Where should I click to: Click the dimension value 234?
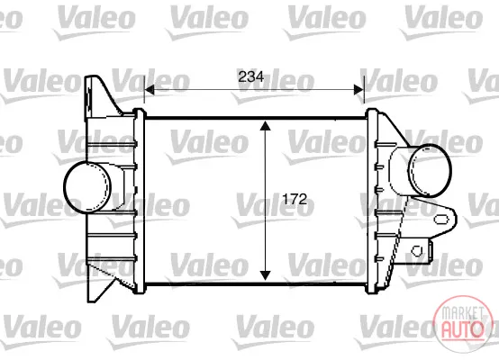(x=251, y=77)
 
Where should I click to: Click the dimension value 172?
(x=295, y=200)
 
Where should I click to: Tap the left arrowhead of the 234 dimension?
(x=150, y=90)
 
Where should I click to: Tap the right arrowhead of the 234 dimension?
(x=358, y=90)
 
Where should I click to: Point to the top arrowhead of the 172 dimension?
(x=265, y=126)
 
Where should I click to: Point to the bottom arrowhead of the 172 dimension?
(x=265, y=275)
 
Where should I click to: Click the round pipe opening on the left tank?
(x=87, y=186)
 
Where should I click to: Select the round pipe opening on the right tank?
(x=430, y=170)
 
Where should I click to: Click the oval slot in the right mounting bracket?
(x=441, y=220)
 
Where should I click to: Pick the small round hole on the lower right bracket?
(x=417, y=251)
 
